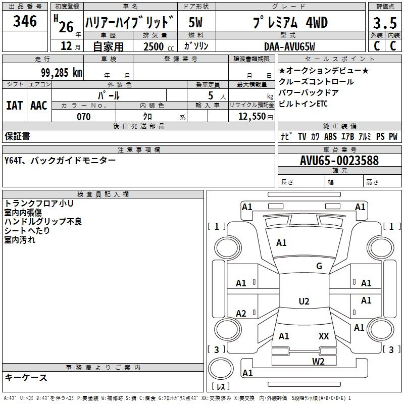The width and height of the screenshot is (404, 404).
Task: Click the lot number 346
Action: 25,21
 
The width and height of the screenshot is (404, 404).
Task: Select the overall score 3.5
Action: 385,23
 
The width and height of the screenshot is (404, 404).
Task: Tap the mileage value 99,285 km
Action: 61,73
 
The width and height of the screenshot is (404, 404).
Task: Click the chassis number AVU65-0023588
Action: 339,161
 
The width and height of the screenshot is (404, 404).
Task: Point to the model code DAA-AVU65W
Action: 289,46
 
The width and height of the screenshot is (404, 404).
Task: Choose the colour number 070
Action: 84,117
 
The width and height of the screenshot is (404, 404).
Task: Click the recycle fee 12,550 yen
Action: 256,117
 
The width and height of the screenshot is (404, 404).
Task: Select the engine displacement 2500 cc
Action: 159,46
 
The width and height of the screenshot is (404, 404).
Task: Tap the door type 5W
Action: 195,22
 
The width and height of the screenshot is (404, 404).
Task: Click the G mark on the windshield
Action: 319,266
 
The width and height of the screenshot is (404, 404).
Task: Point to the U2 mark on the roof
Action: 304,301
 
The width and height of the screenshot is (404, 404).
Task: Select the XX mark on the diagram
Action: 324,336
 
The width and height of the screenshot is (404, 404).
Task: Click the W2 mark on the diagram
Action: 318,362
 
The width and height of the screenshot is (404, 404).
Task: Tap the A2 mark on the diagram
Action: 241,314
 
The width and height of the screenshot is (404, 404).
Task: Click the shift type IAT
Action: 14,106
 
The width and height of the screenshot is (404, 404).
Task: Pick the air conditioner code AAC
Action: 39,106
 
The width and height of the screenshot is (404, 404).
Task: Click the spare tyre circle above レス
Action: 221,368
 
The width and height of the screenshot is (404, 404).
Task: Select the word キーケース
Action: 26,378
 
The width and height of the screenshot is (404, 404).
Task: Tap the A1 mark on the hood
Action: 281,243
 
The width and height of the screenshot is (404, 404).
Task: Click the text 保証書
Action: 17,136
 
